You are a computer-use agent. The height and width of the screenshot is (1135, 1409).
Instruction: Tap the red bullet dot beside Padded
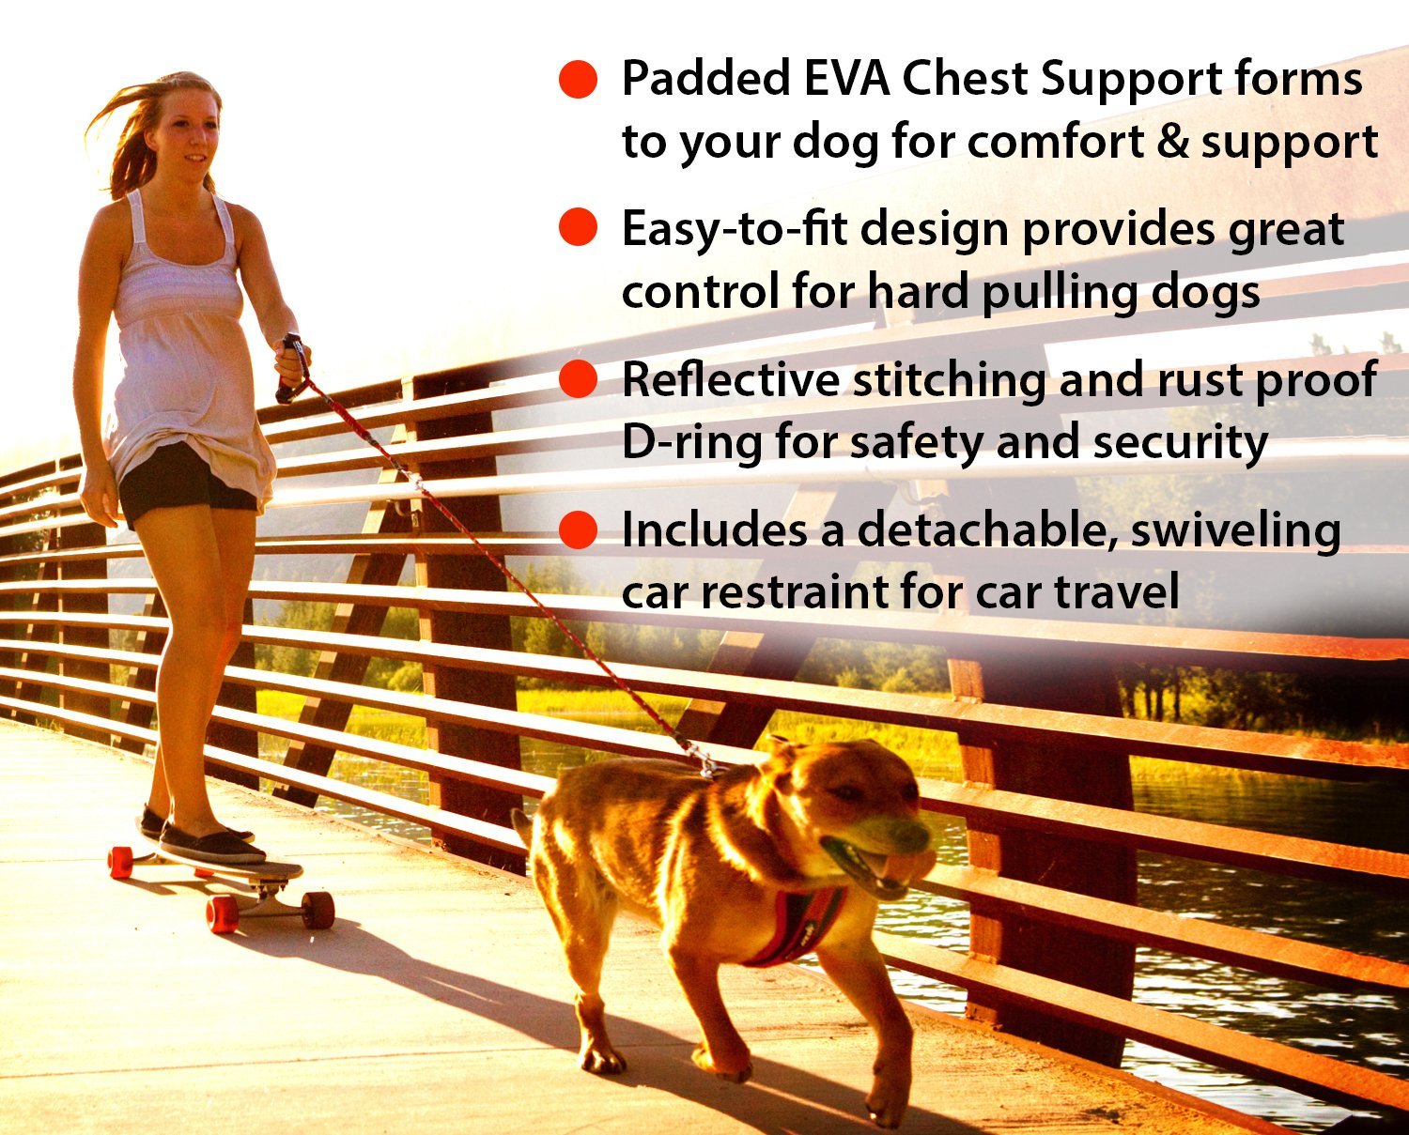tap(578, 79)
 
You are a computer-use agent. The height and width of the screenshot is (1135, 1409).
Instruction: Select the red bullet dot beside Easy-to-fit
tap(578, 228)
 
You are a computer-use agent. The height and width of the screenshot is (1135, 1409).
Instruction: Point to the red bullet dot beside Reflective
tap(578, 379)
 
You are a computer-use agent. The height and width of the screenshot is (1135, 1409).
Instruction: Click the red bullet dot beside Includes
tap(578, 529)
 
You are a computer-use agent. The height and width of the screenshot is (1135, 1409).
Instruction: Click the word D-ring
tap(690, 442)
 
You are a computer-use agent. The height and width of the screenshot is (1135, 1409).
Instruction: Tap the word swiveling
tap(1235, 531)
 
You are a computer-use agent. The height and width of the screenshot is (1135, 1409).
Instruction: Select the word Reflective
tap(730, 379)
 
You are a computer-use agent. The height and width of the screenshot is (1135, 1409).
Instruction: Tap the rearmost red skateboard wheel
tap(120, 862)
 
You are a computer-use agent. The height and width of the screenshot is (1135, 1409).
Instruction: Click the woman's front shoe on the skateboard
tap(211, 845)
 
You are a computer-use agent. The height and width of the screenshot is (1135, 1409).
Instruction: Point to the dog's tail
tap(522, 826)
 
